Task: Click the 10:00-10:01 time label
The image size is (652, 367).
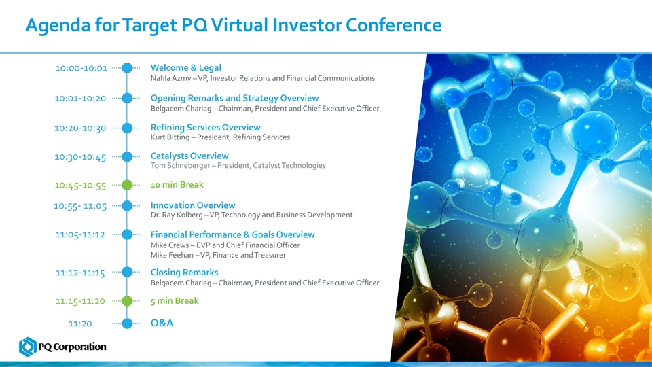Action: [x=81, y=68]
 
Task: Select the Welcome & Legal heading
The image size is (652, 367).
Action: [x=186, y=67]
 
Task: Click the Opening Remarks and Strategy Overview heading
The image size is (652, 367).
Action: [x=234, y=98]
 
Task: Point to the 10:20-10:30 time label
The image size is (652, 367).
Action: [x=80, y=128]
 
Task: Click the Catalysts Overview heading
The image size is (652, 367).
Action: [x=189, y=156]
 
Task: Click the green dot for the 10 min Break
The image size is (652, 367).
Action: [x=127, y=185]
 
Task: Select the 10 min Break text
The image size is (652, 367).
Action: [x=177, y=185]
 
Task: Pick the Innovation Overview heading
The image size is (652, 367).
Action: [x=193, y=205]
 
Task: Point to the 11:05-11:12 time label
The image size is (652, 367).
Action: [x=80, y=234]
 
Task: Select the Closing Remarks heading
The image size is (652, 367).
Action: [x=184, y=272]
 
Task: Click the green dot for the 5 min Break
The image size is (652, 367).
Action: [x=127, y=301]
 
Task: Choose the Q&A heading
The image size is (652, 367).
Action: [x=162, y=323]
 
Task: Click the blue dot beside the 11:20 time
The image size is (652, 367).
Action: [x=127, y=324]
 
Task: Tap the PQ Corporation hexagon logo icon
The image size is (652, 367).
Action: [x=28, y=347]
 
